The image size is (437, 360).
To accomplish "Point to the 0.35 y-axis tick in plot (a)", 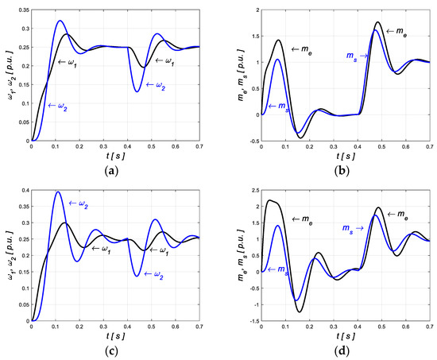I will click(21, 10).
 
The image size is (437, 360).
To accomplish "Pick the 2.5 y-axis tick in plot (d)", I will click(249, 189).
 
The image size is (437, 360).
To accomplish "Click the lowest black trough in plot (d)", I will click(300, 312).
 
